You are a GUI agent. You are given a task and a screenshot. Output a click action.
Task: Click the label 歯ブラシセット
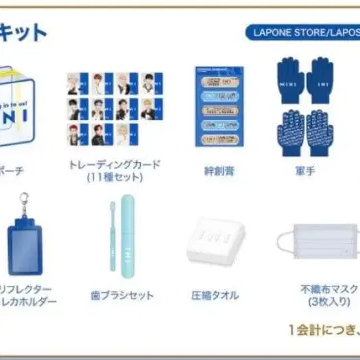[131, 296]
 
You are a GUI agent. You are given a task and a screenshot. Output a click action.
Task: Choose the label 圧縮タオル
[215, 296]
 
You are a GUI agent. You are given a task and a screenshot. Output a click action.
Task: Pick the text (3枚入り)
[321, 300]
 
